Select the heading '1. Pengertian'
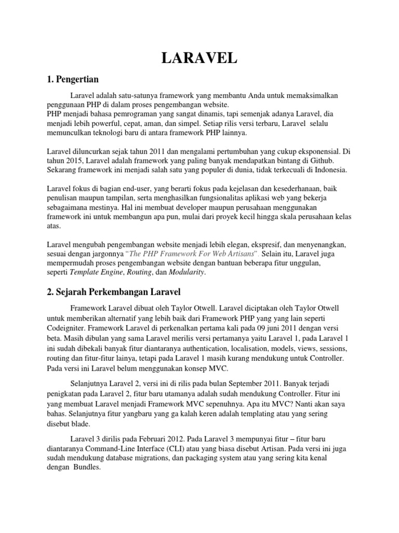[x=73, y=80]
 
